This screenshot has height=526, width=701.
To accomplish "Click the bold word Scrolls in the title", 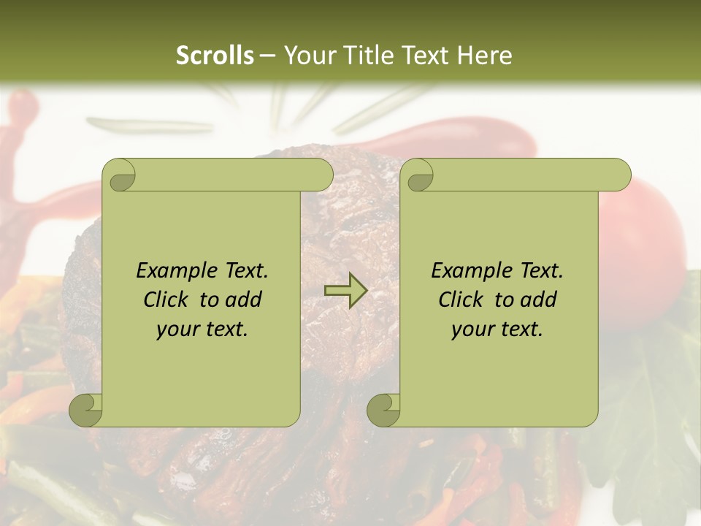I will [215, 56].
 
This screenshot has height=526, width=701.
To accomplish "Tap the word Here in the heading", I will [485, 56].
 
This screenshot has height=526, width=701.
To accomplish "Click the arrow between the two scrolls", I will [345, 291].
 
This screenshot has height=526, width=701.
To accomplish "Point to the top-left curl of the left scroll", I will [119, 176].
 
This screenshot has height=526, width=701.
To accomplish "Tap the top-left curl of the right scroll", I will [418, 176].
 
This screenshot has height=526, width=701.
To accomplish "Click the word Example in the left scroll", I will [174, 271].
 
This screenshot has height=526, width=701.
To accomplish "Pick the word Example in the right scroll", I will [469, 271].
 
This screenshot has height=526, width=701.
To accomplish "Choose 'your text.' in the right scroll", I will [497, 329].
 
